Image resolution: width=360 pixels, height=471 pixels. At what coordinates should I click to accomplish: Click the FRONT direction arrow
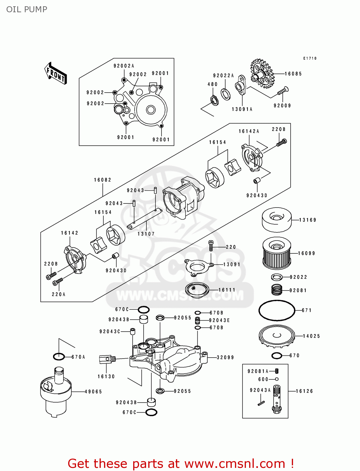pos(56,73)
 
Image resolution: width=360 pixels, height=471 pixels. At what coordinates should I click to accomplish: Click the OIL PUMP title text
pos(27,9)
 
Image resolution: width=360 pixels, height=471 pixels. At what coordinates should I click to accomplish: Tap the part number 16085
pos(293,74)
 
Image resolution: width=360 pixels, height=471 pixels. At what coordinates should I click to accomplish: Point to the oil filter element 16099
pos(276,253)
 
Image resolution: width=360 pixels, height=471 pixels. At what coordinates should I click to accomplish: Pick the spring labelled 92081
pos(277,290)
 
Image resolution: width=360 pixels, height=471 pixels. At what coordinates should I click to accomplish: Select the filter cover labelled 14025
pos(277,336)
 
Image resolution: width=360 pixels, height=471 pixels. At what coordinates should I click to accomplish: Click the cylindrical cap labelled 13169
pos(277,220)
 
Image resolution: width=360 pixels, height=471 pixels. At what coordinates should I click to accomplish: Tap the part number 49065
pos(93,392)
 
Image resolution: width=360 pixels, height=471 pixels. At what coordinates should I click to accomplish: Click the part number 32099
pos(225,357)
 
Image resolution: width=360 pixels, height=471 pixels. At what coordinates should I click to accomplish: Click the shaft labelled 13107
pos(145,218)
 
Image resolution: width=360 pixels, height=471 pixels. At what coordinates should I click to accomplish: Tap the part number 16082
pos(103,180)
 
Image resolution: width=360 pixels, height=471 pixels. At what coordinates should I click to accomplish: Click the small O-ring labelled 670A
pos(59,357)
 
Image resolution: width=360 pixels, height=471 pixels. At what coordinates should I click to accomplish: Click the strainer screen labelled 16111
pos(197,289)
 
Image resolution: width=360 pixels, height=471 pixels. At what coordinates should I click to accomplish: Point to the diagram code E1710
pos(310,58)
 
